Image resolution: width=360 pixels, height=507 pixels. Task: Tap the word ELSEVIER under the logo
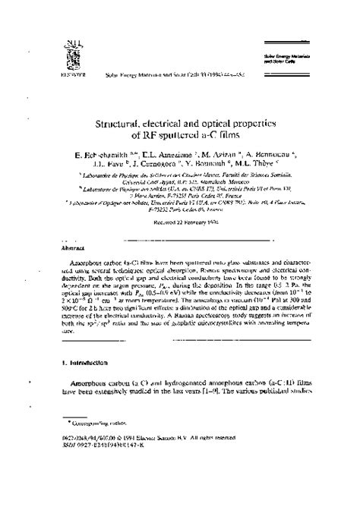[x=67, y=76]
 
